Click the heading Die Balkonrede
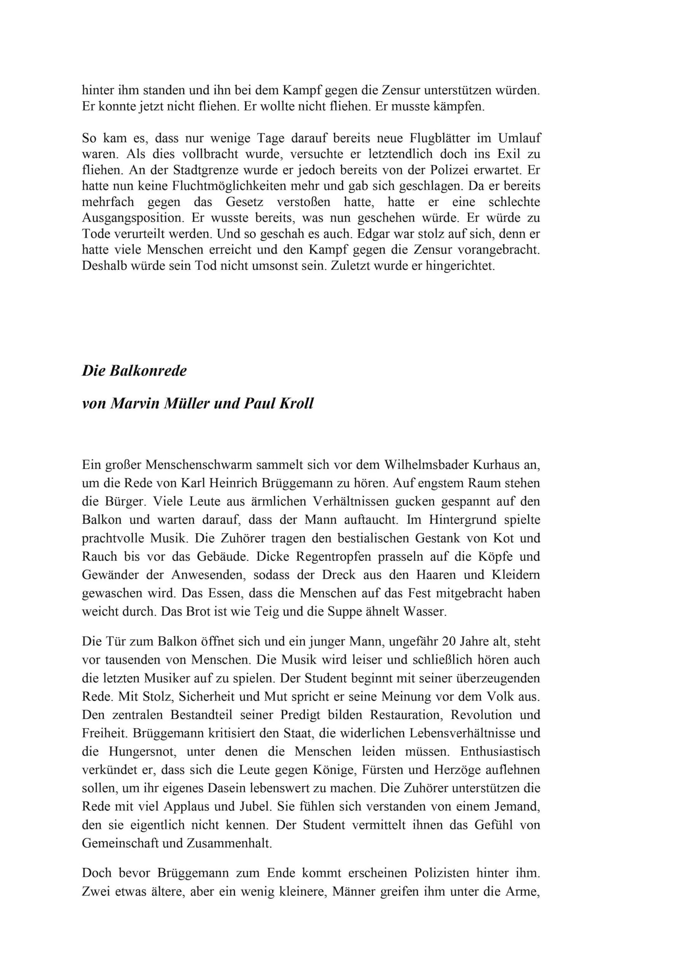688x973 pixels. click(134, 371)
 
